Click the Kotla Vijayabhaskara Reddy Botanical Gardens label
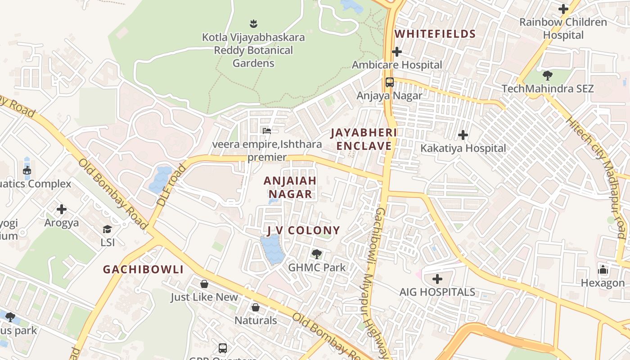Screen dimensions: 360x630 click(253, 50)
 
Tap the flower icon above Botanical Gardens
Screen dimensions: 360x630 click(253, 23)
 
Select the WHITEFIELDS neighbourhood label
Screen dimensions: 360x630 click(435, 34)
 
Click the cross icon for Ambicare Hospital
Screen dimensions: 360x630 click(396, 52)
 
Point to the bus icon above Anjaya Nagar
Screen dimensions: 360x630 click(390, 82)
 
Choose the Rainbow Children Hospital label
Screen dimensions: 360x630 click(563, 28)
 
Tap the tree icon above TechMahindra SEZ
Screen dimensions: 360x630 click(548, 75)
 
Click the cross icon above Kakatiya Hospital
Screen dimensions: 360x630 click(463, 135)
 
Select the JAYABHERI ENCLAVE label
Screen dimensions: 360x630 click(364, 139)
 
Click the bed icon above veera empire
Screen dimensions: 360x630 click(267, 131)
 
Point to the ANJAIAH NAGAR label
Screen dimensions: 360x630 click(290, 187)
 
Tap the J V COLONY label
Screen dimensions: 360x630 click(303, 231)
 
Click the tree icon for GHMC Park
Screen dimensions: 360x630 click(317, 254)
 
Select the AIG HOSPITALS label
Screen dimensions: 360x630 click(437, 292)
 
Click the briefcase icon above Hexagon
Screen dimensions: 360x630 click(603, 270)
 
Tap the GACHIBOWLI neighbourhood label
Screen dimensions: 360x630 click(143, 270)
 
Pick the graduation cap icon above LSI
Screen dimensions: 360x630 click(107, 229)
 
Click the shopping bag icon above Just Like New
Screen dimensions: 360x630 click(204, 284)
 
